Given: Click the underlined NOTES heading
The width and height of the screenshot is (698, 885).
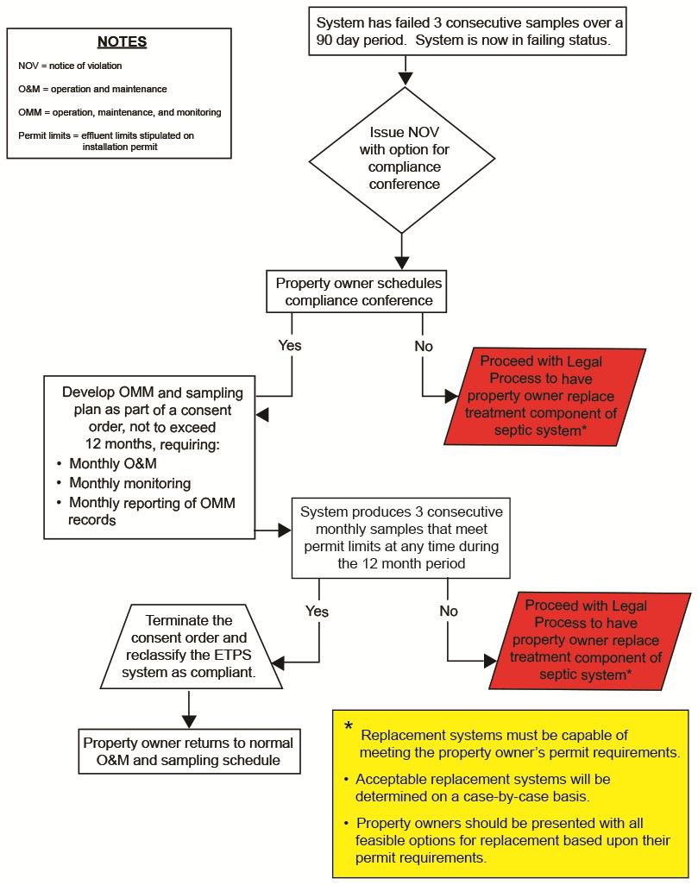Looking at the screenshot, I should (x=122, y=42).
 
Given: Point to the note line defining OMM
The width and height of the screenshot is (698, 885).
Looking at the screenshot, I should (x=119, y=112).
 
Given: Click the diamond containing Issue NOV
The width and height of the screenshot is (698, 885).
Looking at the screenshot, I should (x=403, y=160).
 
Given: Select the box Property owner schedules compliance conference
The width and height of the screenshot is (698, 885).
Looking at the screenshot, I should (x=359, y=292).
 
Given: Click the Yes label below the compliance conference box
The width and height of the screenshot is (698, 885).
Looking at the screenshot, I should (x=289, y=345).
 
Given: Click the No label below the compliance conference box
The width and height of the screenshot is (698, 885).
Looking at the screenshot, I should (x=423, y=345).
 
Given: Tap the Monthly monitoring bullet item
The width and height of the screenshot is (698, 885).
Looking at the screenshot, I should (x=129, y=483).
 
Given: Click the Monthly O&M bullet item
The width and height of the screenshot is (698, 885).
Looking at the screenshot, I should (x=113, y=464).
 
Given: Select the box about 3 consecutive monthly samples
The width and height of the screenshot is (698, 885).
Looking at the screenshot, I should (x=401, y=537).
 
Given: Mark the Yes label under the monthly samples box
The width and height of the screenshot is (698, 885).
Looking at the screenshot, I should (x=318, y=611).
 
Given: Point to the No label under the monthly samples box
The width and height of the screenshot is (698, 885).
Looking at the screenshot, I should (x=449, y=611).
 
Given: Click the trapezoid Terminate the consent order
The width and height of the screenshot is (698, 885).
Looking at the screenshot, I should (x=195, y=645).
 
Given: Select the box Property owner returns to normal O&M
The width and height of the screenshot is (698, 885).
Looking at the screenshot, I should (x=188, y=751).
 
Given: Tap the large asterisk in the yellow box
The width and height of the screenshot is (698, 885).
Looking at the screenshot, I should (x=348, y=727).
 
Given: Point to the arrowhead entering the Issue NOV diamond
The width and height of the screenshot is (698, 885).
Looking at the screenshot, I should (x=403, y=79).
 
